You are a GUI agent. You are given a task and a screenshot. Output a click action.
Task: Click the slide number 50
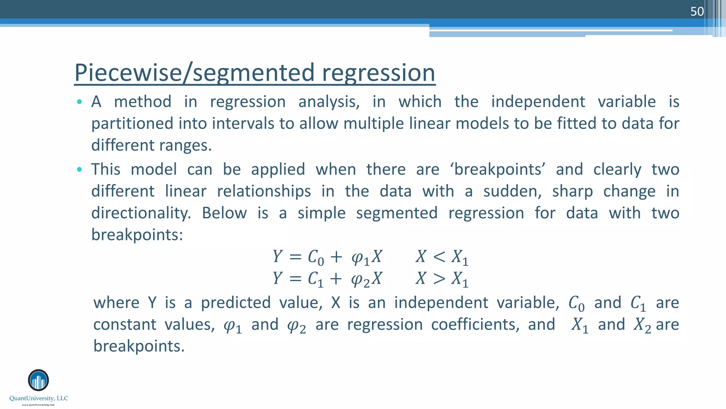(x=697, y=11)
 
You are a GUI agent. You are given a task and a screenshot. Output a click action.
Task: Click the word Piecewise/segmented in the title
(x=194, y=72)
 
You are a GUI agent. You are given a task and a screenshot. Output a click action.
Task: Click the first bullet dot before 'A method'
(x=79, y=102)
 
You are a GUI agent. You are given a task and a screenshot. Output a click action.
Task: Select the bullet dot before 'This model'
(x=79, y=170)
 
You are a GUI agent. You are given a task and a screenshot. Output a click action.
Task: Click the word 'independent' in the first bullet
(x=538, y=102)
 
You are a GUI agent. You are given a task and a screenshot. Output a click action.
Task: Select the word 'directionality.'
(x=141, y=213)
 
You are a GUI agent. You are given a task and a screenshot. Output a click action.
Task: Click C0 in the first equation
(x=315, y=257)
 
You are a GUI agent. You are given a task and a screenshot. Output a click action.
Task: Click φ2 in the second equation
(x=360, y=279)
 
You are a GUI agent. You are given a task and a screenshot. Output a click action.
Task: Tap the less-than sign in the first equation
(x=439, y=257)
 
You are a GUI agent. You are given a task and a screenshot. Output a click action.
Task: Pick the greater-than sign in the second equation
(x=439, y=279)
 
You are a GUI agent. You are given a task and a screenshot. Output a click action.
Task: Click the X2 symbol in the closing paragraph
(x=642, y=325)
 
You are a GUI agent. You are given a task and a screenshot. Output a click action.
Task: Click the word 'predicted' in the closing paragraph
(x=236, y=303)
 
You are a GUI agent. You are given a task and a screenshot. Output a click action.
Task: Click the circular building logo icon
(x=38, y=380)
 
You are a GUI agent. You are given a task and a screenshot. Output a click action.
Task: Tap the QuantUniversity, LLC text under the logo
(x=39, y=398)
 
